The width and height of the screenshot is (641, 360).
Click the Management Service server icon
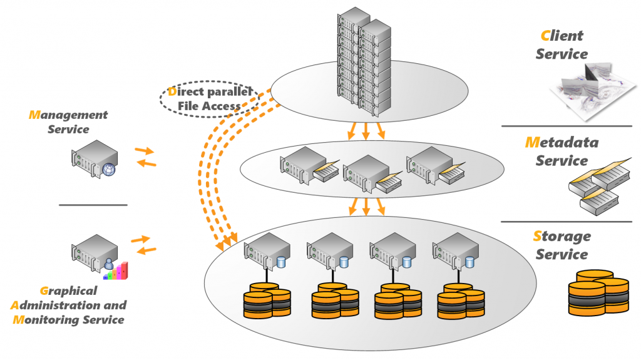click(x=95, y=159)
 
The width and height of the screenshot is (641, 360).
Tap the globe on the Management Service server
click(x=109, y=170)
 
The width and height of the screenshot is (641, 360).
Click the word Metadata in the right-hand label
click(x=562, y=142)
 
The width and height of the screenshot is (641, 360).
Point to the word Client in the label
click(x=562, y=36)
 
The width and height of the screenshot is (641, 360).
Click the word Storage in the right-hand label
click(x=562, y=237)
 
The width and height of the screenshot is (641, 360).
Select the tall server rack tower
click(x=364, y=61)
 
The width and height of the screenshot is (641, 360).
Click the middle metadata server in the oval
click(x=372, y=174)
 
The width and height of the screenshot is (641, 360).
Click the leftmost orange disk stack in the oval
click(x=267, y=301)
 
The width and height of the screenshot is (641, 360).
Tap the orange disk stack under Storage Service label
click(x=598, y=292)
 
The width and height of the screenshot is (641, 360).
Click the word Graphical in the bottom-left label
click(x=69, y=291)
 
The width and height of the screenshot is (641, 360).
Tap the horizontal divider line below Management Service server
click(x=93, y=205)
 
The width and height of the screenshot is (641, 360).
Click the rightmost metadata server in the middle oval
click(x=436, y=166)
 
